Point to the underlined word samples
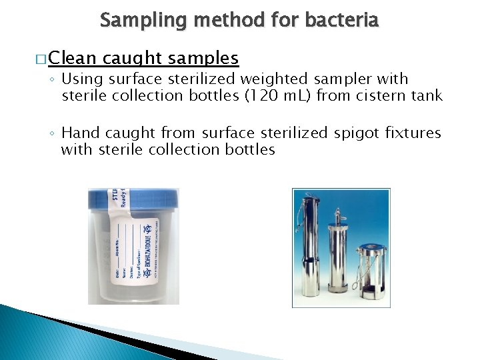(203, 59)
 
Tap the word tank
(427, 96)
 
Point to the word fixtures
(413, 133)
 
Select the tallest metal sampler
(312, 247)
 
